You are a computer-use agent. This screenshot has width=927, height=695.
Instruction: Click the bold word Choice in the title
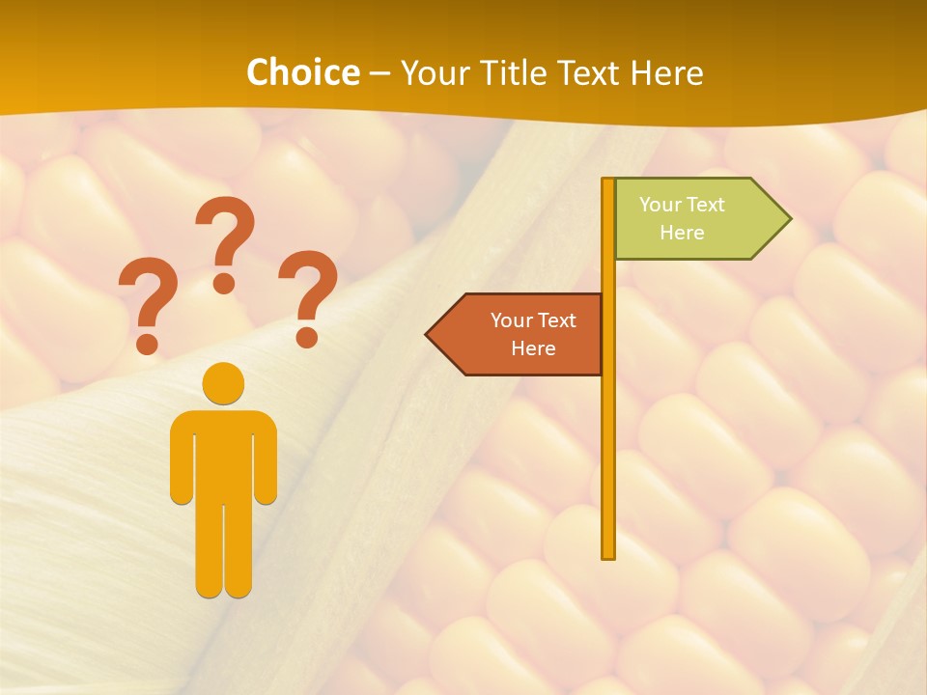coord(302,72)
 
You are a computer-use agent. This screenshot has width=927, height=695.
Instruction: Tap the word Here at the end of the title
coord(666,72)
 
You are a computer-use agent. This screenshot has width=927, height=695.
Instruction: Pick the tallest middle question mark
coord(225,241)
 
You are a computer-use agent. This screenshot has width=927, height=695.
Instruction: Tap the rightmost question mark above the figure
coord(309,294)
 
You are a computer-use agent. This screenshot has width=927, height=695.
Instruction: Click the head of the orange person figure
coord(223,383)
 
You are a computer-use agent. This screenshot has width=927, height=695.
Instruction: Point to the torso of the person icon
coord(223,454)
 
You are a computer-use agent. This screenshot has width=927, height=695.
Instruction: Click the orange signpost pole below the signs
coord(608,463)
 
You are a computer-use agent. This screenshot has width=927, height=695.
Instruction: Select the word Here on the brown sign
coord(533,348)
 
